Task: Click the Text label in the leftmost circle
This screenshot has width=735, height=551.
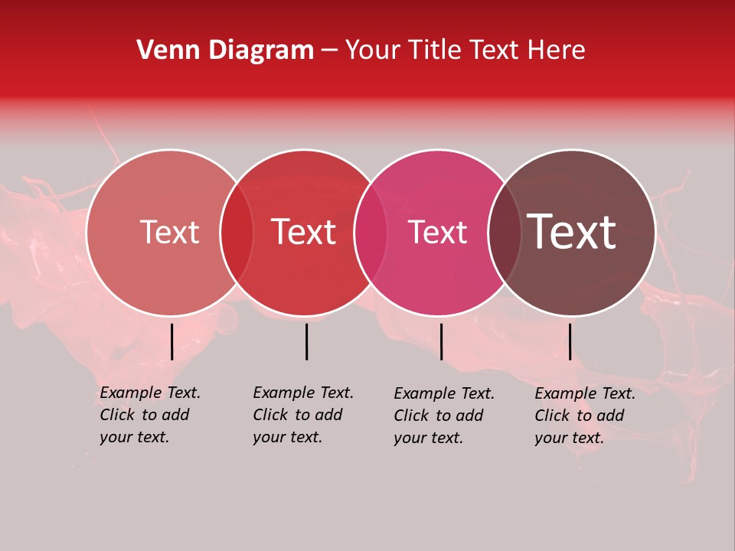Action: (169, 233)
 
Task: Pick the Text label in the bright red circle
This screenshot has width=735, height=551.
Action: (304, 233)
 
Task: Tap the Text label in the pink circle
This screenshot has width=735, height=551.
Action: (437, 233)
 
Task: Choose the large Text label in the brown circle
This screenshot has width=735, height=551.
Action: (571, 233)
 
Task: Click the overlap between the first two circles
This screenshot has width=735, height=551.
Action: (237, 233)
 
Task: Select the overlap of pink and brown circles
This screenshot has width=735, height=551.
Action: (504, 233)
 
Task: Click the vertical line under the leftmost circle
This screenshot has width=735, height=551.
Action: (171, 341)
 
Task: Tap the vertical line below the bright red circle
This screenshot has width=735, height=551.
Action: (306, 341)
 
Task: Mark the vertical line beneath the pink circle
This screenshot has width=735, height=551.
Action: (441, 341)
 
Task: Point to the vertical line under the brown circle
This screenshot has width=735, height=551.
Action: (570, 341)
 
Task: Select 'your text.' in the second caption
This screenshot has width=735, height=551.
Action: (287, 437)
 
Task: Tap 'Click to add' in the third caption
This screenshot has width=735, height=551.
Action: (438, 416)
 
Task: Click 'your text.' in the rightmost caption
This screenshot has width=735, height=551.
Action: (569, 438)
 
